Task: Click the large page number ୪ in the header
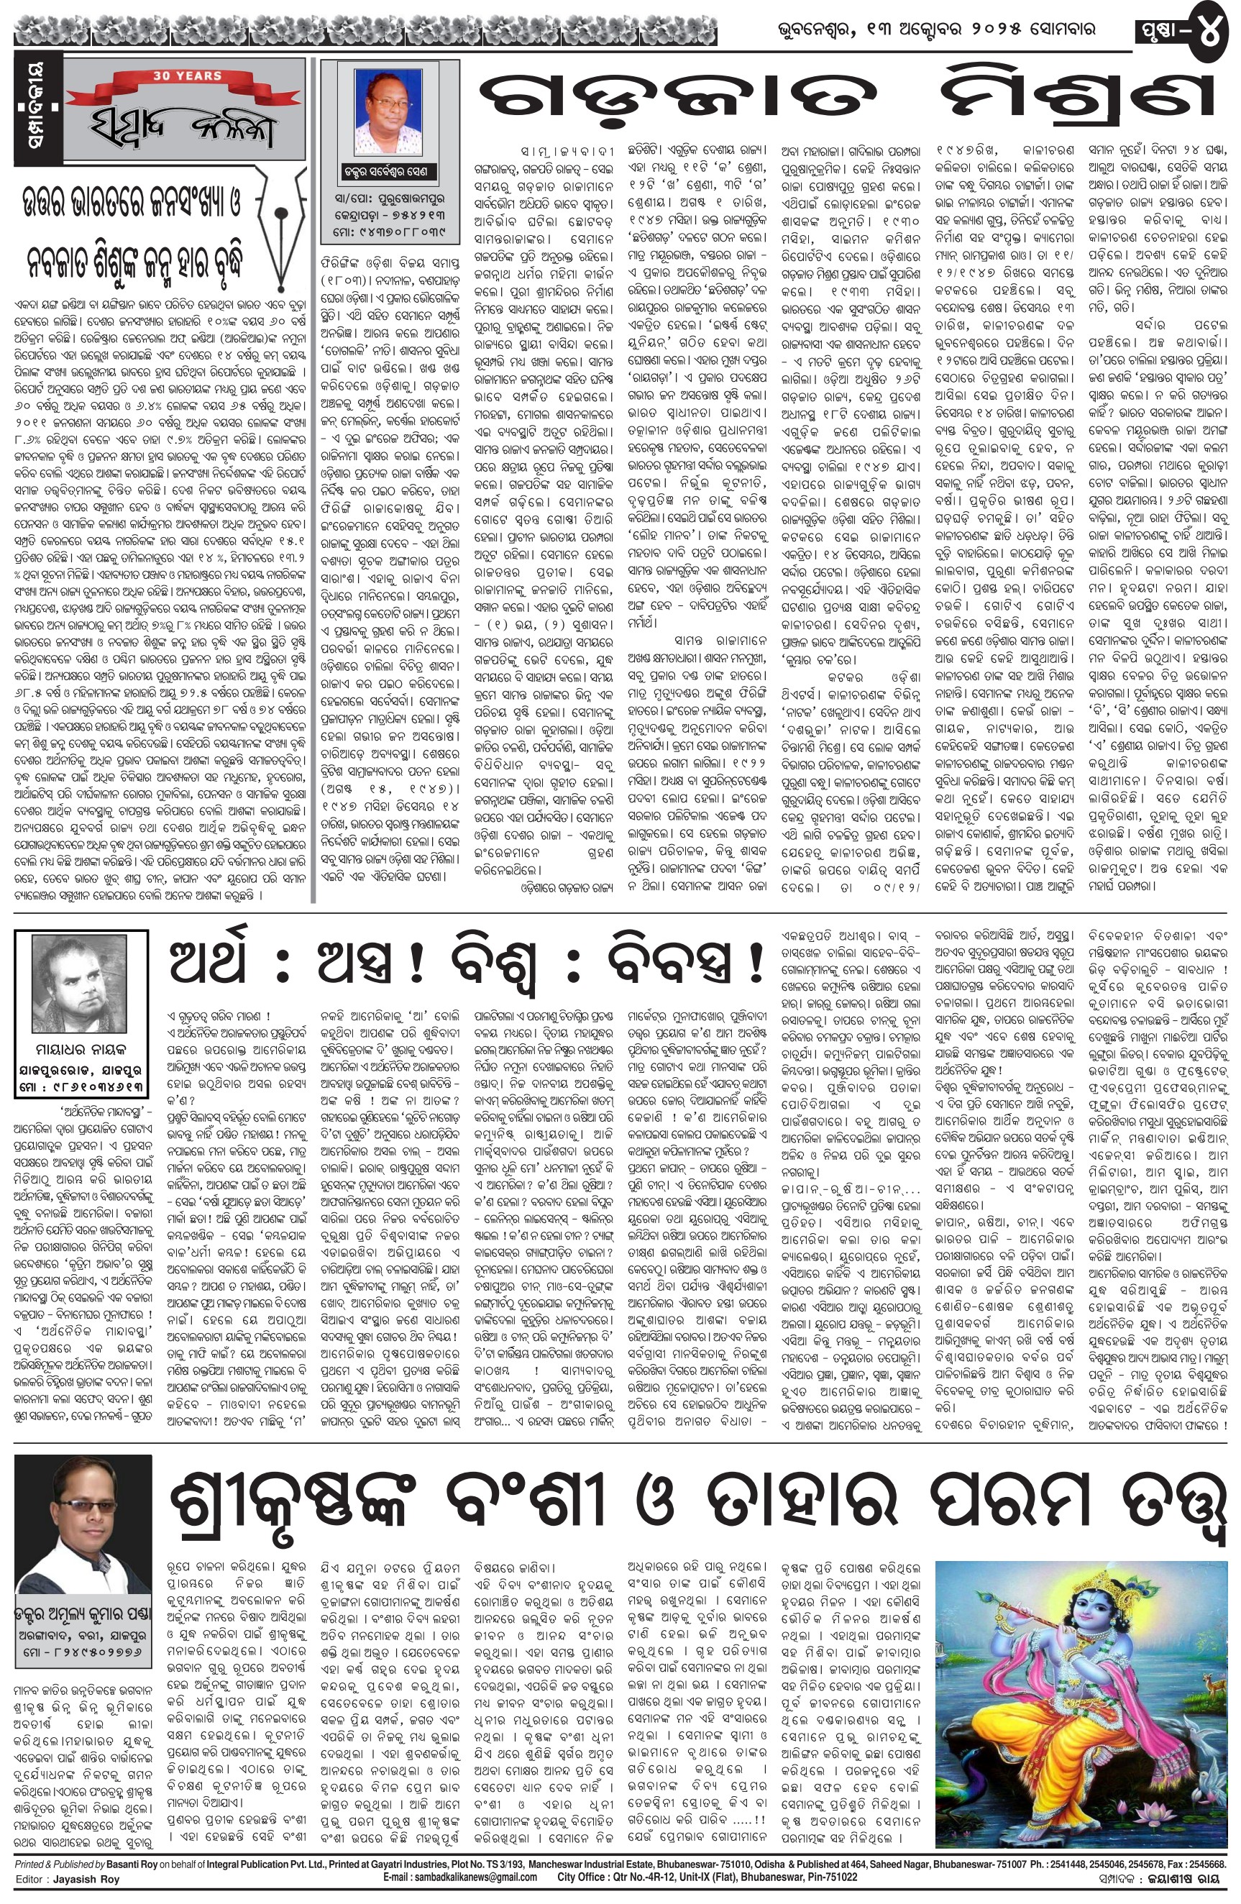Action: [1208, 29]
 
